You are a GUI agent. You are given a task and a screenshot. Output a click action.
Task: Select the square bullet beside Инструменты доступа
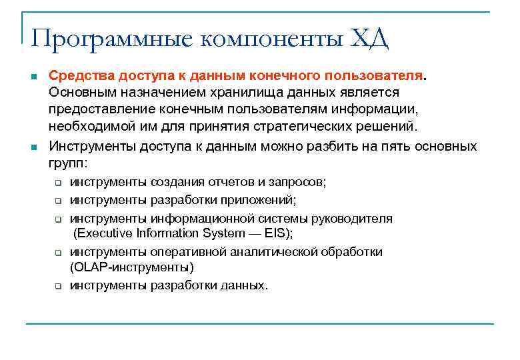[x=33, y=147]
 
